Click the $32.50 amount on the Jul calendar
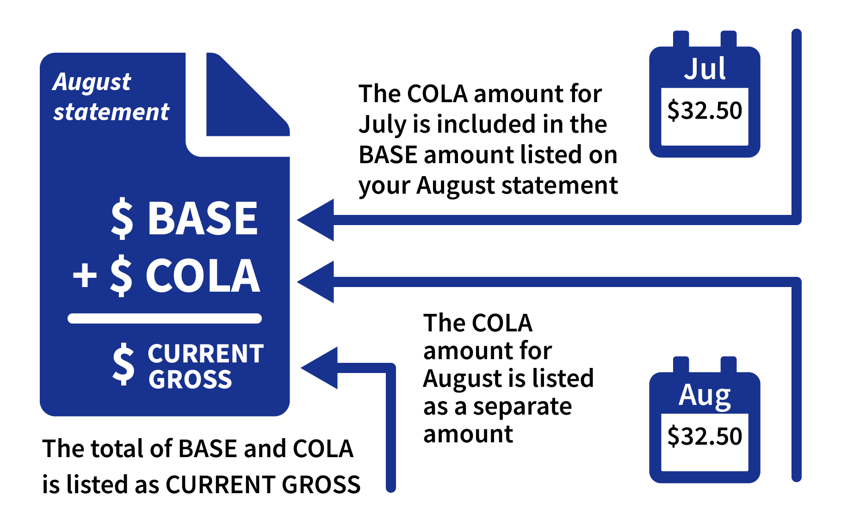pyautogui.click(x=705, y=111)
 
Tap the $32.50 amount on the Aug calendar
pyautogui.click(x=705, y=436)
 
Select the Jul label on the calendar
pyautogui.click(x=705, y=69)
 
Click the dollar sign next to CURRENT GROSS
pyautogui.click(x=124, y=364)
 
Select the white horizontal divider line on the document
pyautogui.click(x=165, y=318)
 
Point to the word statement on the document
pyautogui.click(x=111, y=112)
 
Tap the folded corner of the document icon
pyautogui.click(x=248, y=95)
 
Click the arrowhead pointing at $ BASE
pyautogui.click(x=315, y=220)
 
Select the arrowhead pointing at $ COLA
pyautogui.click(x=315, y=282)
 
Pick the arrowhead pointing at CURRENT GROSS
pyautogui.click(x=319, y=368)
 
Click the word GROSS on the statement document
pyautogui.click(x=190, y=379)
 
